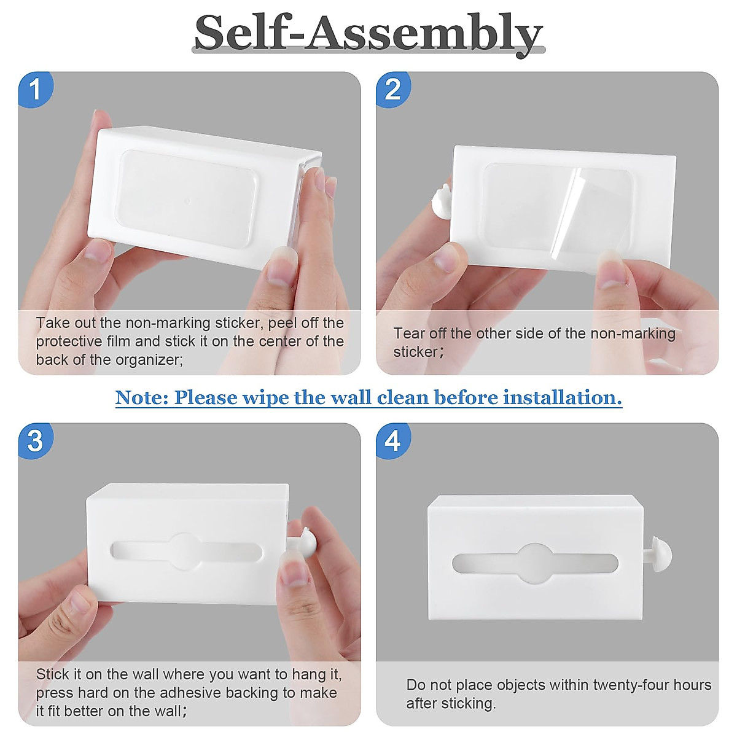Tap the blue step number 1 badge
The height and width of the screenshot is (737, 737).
(36, 90)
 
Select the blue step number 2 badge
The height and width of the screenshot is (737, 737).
(393, 90)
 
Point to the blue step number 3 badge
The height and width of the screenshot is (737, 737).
(36, 440)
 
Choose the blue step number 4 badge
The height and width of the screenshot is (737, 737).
(393, 440)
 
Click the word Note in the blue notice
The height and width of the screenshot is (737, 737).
(141, 397)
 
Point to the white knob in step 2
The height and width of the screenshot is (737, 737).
(442, 203)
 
